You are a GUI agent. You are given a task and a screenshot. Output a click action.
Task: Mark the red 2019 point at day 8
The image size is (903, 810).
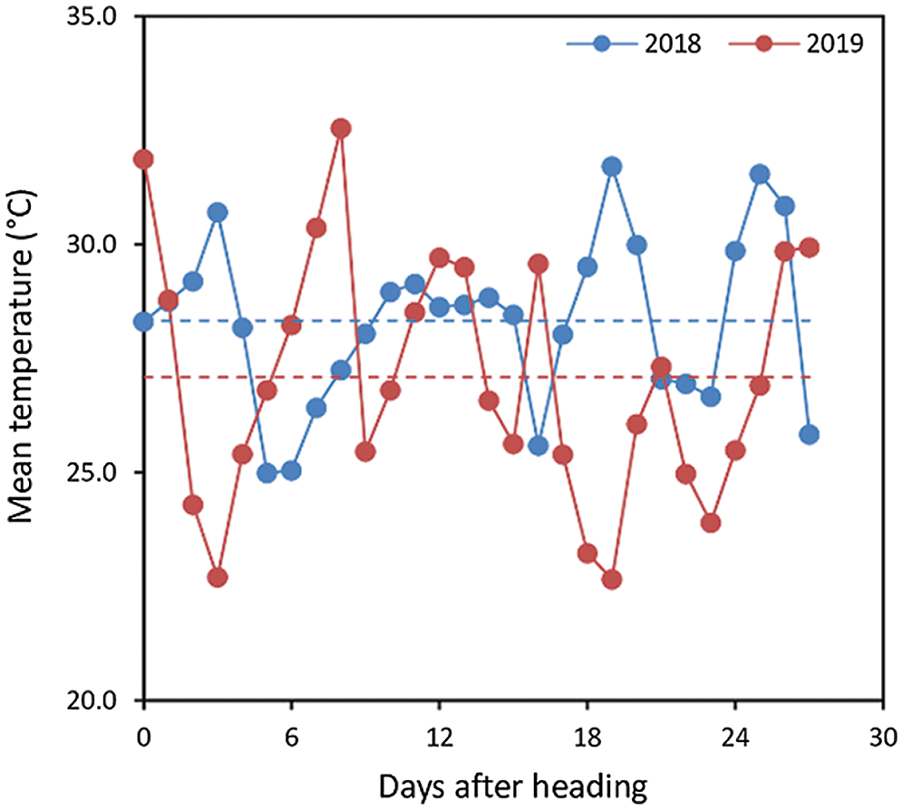(341, 129)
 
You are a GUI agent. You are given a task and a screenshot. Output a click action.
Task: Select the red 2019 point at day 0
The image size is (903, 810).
(143, 159)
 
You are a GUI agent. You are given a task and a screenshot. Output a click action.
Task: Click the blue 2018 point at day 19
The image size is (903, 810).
(612, 166)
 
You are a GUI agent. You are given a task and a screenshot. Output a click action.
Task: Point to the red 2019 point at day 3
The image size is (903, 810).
(218, 577)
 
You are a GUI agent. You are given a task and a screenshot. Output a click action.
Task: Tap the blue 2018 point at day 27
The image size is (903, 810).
(809, 434)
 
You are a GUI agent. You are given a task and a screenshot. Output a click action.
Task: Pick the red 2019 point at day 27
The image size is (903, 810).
(809, 247)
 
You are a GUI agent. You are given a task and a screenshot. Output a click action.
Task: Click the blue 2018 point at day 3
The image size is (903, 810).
(218, 212)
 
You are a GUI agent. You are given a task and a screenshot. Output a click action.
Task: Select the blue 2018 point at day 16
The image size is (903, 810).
(538, 446)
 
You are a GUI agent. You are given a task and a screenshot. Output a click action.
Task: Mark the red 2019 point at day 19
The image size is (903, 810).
(612, 579)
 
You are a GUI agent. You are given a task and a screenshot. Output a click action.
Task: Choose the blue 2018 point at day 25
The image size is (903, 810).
(760, 174)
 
